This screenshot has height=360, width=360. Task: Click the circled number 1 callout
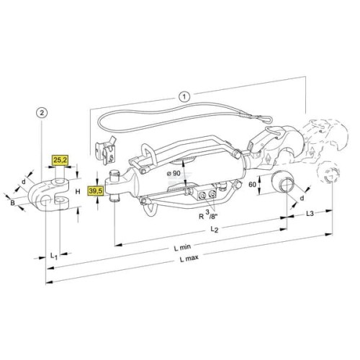[184, 96]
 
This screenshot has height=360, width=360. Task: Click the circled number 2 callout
[42, 112]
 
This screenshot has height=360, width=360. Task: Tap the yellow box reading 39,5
[96, 191]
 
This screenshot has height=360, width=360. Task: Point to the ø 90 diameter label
[173, 173]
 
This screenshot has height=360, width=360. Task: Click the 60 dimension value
[252, 184]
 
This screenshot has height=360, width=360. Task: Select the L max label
[189, 258]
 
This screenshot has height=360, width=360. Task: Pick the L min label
[182, 247]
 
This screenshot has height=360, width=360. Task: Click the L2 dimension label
[215, 230]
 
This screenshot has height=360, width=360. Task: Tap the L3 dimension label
[310, 213]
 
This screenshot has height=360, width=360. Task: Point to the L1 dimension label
[54, 256]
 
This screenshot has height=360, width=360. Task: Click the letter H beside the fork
[78, 192]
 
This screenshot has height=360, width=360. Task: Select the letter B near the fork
[12, 203]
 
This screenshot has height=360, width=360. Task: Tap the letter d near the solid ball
[302, 198]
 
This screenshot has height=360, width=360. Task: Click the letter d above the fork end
[23, 182]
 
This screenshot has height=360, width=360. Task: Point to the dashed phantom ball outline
[328, 173]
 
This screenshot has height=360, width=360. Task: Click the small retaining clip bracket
[106, 150]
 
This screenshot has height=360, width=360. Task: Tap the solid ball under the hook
[282, 182]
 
